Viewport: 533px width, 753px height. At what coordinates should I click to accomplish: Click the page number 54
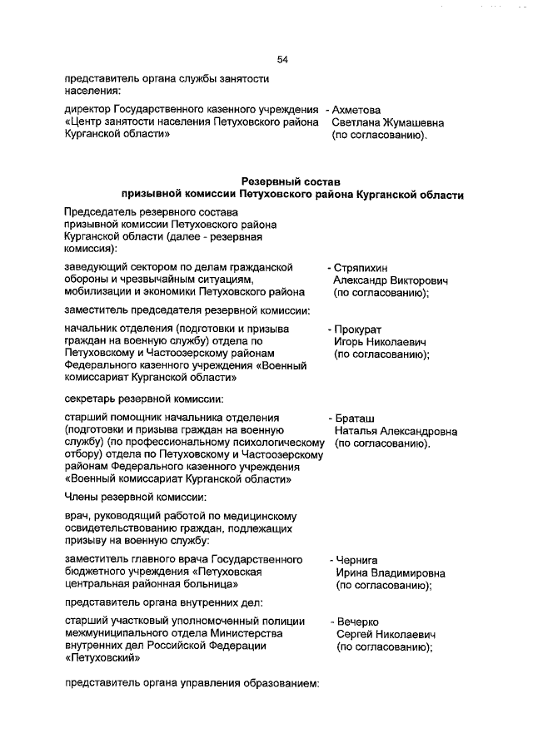(282, 59)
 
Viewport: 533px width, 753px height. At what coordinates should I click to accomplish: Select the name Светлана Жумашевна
(387, 122)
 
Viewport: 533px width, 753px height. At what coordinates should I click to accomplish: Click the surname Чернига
(357, 560)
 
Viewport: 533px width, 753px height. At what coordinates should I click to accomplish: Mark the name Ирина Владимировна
(389, 573)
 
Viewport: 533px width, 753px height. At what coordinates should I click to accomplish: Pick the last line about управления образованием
(192, 684)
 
